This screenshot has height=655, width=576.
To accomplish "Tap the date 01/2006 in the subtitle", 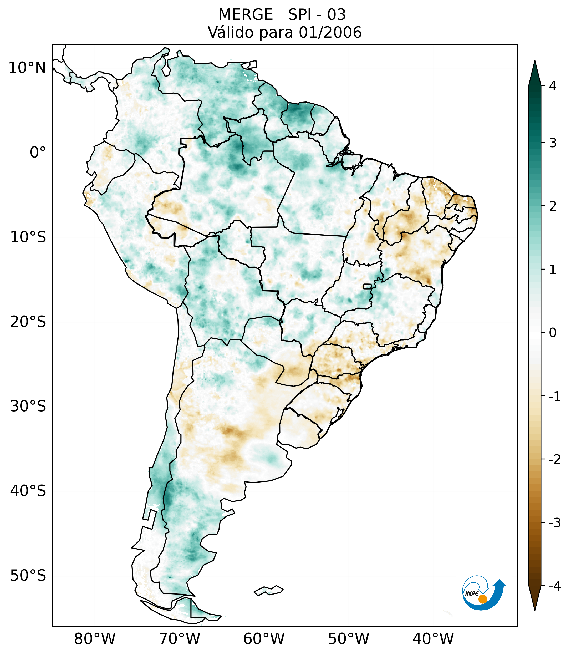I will tap(330, 33).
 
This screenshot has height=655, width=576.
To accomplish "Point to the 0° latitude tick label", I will tap(38, 152).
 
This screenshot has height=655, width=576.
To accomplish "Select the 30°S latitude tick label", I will tap(28, 406).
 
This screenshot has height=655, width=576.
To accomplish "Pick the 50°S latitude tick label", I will tap(28, 576).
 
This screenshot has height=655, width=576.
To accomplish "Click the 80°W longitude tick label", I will tap(95, 639).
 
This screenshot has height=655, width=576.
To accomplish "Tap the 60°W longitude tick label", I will tap(264, 639).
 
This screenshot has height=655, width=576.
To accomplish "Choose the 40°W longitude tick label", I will tap(433, 639).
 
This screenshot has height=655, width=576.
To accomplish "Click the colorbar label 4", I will tap(553, 86).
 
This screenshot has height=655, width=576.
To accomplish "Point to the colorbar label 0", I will tap(553, 333).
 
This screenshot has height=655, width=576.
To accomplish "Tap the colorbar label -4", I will tap(554, 586).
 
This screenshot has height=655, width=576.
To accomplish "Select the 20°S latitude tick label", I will tap(28, 322).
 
